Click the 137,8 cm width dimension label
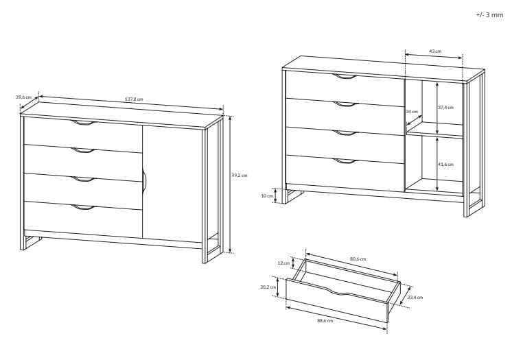[x=134, y=99]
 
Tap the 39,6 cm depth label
[x=23, y=97]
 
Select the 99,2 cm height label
[x=240, y=175]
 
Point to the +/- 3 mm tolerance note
[x=489, y=14]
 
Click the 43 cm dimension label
[x=435, y=51]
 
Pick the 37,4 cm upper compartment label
[x=445, y=108]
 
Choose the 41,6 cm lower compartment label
[x=445, y=165]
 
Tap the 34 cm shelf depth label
[x=412, y=112]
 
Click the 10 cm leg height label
[x=267, y=195]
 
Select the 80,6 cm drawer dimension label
[x=358, y=259]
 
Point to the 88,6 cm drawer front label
[x=325, y=321]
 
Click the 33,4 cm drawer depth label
[x=415, y=298]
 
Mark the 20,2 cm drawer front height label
[x=268, y=287]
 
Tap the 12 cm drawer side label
[x=284, y=263]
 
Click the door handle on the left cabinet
[x=144, y=180]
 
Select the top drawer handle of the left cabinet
[x=83, y=123]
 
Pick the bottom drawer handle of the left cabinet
[x=83, y=208]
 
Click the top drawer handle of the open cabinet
[x=345, y=77]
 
